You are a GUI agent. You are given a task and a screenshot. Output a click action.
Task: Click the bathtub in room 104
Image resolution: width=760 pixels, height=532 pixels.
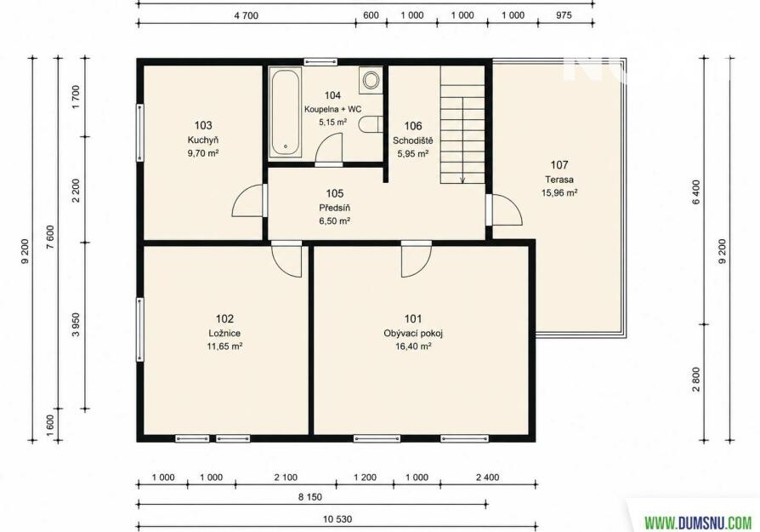coord(285,112)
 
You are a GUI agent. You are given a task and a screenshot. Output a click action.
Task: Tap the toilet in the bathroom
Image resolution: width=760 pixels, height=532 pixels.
coord(371,124)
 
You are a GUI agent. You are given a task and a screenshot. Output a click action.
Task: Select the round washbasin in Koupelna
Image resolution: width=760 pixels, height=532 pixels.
coord(371,80)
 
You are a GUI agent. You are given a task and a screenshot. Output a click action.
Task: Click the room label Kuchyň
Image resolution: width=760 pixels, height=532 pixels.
coord(203,140)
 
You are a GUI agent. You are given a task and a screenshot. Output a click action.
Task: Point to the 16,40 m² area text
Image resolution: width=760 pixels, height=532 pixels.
coord(413,346)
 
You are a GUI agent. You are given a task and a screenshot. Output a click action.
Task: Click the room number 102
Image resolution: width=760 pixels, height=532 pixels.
coord(224,319)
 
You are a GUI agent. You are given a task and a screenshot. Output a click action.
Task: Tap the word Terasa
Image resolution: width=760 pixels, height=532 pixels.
coord(559,180)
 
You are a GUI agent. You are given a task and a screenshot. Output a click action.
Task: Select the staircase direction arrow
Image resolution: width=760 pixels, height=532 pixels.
coord(462,140)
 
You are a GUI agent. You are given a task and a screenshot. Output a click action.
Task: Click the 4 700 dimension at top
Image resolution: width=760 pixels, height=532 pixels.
coord(247,15)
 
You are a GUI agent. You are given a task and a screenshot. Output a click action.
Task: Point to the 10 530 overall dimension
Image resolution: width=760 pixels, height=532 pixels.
coord(337,519)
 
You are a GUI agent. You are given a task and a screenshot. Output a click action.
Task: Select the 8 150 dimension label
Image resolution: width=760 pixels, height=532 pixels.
coord(309,497)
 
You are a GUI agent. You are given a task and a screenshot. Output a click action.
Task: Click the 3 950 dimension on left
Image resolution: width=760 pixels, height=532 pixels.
coord(75,325)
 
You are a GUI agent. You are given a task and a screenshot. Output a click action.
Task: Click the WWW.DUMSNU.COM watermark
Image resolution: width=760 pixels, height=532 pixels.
coord(698,523)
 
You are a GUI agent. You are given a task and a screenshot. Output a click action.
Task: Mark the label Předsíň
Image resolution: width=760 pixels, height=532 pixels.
coord(334,208)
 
